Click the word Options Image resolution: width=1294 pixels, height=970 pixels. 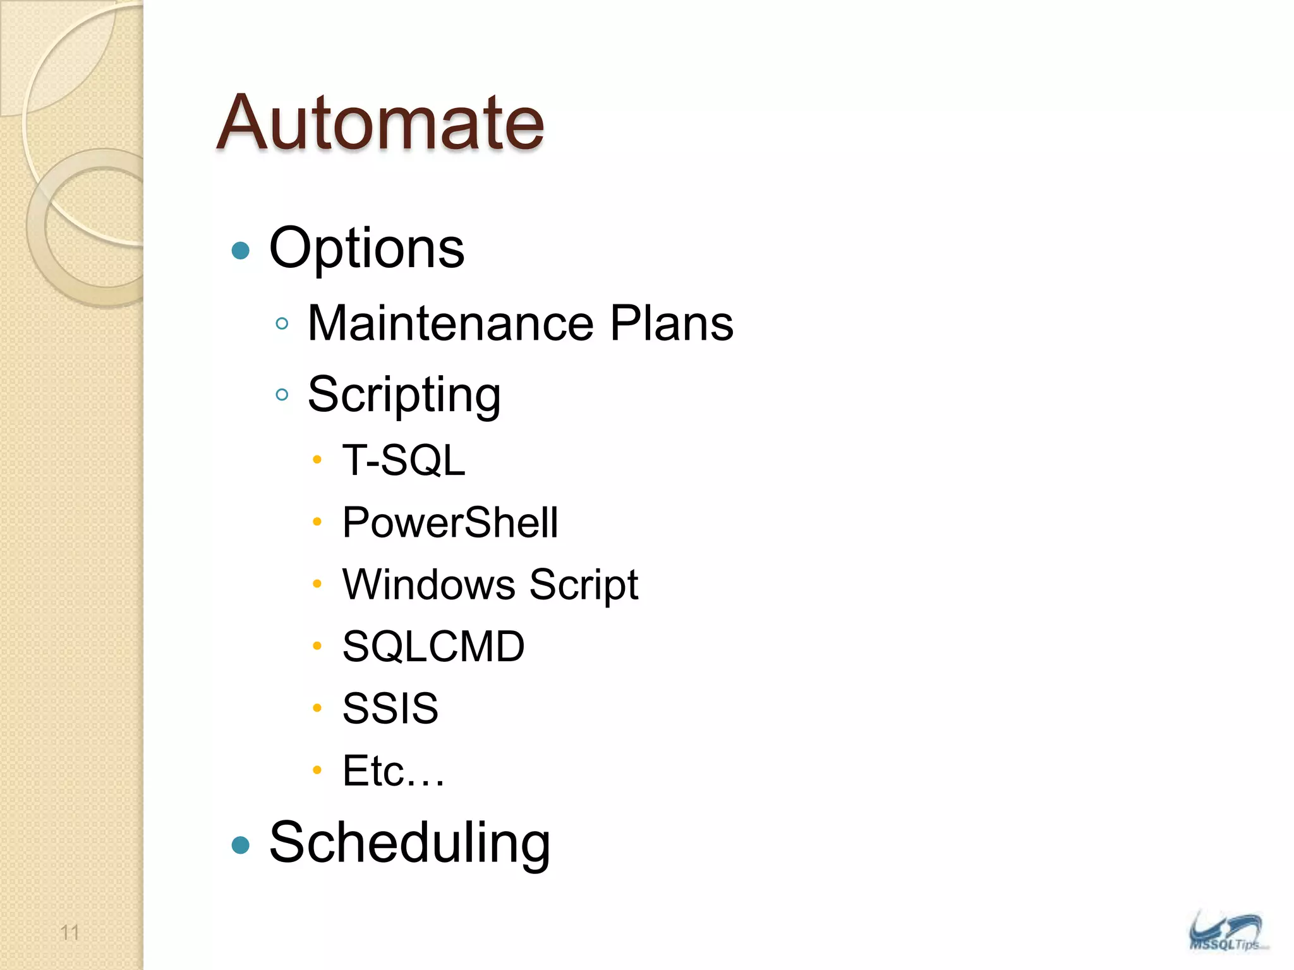coord(366,248)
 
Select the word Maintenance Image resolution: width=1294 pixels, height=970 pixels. coord(450,323)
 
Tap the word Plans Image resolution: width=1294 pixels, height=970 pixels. coord(671,323)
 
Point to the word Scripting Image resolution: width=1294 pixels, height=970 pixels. coord(404,395)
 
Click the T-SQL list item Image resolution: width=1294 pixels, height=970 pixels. coord(404,460)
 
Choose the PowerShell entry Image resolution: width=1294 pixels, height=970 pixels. coord(450,522)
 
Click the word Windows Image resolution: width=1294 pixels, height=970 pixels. coord(429,584)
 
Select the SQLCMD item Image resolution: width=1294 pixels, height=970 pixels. coord(433,646)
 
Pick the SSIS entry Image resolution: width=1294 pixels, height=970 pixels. coord(390,708)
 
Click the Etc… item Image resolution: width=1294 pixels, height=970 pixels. coord(393,770)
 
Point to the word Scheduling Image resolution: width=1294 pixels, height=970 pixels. coord(409,842)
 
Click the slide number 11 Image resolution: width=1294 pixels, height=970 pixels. coord(70,932)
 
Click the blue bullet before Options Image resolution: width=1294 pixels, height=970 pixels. coord(241,251)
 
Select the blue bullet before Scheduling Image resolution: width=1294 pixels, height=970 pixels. coord(241,845)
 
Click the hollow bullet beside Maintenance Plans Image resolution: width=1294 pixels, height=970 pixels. coord(282,324)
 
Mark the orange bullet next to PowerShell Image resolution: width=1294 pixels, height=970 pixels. coord(317,522)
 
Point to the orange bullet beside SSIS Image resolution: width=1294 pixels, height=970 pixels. coord(317,707)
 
